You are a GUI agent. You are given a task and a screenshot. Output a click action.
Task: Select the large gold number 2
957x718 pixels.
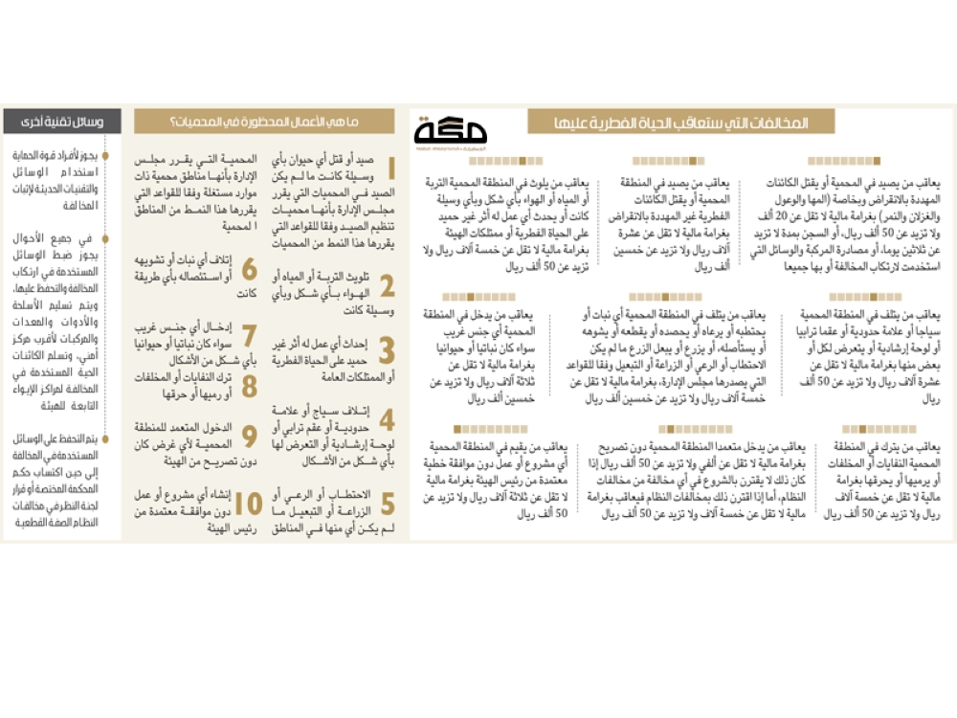pos(388,285)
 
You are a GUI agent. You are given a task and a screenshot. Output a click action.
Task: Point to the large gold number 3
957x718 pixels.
pos(388,350)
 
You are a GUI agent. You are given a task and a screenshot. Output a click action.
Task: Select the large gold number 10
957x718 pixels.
pos(249,505)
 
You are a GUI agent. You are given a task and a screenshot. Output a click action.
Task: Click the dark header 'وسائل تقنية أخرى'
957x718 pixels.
pos(62,123)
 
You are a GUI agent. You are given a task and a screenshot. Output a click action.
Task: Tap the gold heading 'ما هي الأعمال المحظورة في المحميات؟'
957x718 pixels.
pos(263,123)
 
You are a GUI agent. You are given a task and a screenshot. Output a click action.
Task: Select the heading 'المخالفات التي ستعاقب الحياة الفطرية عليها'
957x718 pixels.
pos(679,123)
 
